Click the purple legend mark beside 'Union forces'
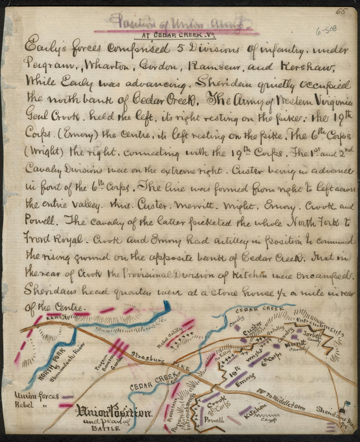(x=68, y=397)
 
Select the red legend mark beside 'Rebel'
(x=66, y=406)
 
